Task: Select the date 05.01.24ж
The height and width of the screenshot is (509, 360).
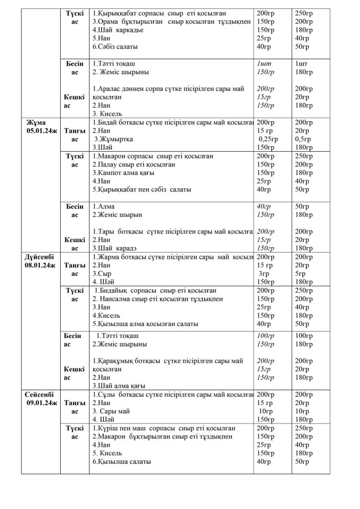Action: [x=39, y=131]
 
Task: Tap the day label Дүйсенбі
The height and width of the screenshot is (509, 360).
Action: [x=39, y=257]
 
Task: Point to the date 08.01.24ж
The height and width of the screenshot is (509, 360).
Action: [x=39, y=265]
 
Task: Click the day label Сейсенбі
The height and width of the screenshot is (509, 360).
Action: [x=39, y=394]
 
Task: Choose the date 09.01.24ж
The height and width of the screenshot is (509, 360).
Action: [x=39, y=403]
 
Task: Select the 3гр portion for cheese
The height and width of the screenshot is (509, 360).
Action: [x=264, y=273]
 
